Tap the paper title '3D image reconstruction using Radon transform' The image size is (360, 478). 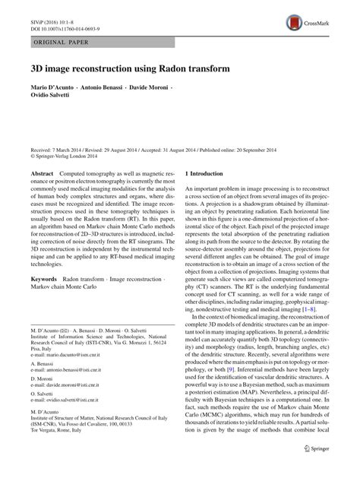(x=129, y=68)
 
